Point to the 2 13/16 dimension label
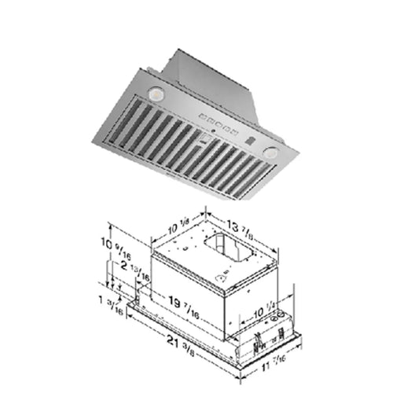click(127, 268)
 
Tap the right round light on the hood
click(271, 151)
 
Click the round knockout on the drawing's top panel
click(224, 277)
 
